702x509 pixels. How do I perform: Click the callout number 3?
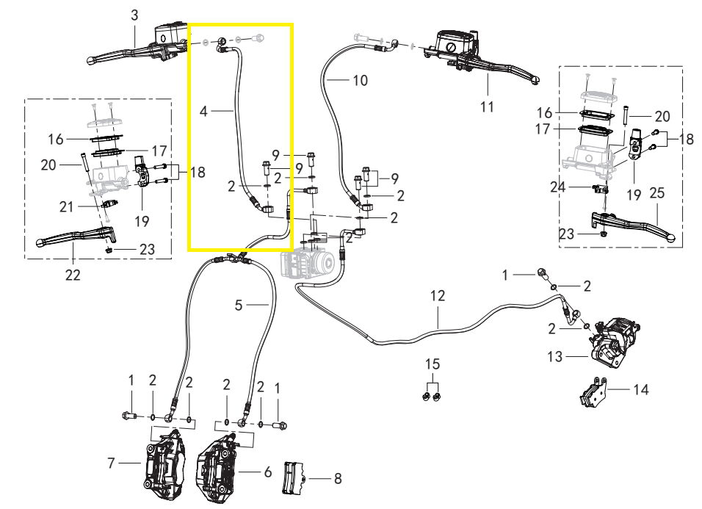[x=134, y=15]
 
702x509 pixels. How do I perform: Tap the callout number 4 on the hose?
[x=204, y=111]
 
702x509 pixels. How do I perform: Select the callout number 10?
[x=360, y=80]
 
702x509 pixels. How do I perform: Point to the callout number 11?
[x=487, y=106]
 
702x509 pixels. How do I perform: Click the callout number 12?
[x=438, y=296]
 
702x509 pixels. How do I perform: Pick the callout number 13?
[x=555, y=356]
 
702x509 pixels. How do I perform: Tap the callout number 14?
[x=641, y=389]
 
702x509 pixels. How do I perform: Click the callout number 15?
[x=433, y=364]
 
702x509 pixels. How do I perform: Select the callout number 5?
[x=239, y=305]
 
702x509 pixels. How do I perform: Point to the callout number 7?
[x=112, y=463]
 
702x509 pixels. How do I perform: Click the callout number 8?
[x=338, y=479]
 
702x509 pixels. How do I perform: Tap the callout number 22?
[x=73, y=275]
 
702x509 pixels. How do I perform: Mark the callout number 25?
[x=656, y=193]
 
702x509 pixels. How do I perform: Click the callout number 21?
[x=67, y=207]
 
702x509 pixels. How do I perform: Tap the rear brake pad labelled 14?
[x=593, y=394]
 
